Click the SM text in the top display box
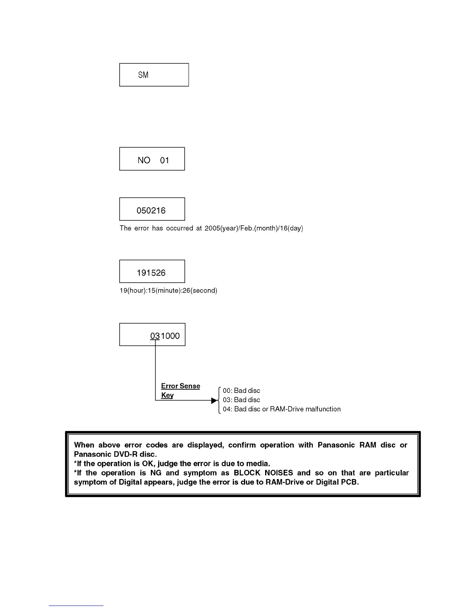143,75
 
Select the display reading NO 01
153,160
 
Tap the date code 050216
151,211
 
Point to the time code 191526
151,273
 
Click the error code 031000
165,336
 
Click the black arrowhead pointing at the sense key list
215,401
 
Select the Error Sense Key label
180,390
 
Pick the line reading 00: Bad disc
241,391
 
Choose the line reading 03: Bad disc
241,400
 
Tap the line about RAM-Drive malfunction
282,409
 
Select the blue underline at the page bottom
76,606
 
